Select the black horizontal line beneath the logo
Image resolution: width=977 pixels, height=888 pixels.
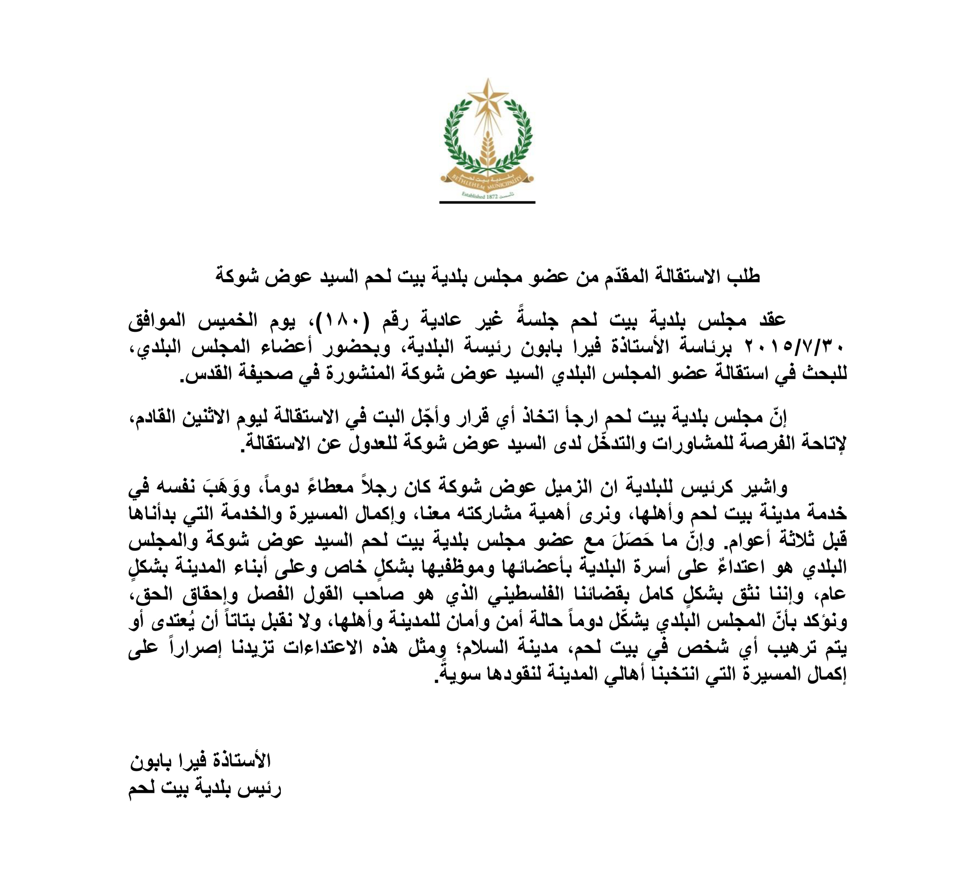(487, 202)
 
